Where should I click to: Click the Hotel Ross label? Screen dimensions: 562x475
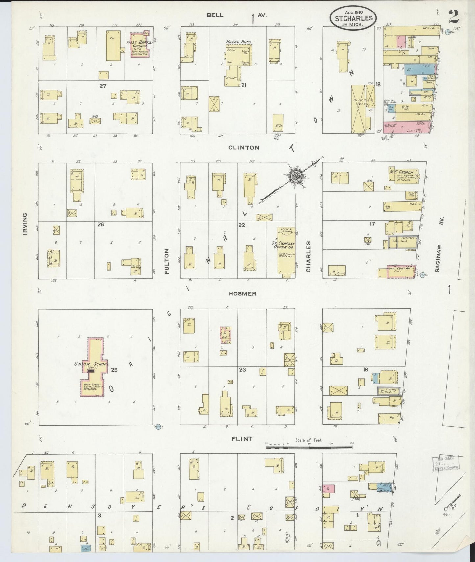(239, 42)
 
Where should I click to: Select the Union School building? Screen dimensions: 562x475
(93, 368)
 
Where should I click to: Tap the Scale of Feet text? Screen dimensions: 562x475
(309, 440)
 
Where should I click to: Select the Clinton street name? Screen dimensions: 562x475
(244, 148)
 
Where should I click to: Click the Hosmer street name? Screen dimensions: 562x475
(244, 293)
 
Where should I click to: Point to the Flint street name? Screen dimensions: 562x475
(242, 438)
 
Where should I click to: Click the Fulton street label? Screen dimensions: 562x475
(167, 261)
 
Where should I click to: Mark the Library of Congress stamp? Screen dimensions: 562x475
(445, 463)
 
